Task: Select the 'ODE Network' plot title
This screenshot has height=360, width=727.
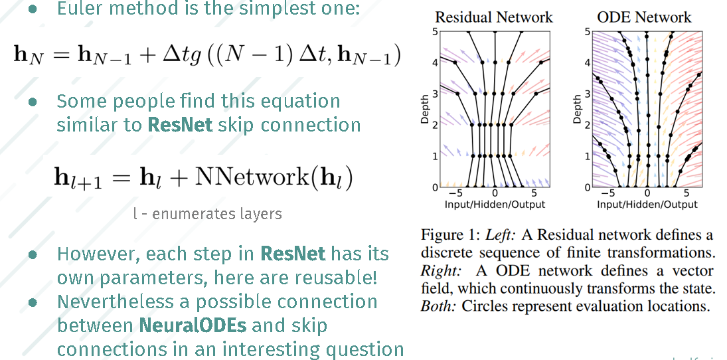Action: point(645,17)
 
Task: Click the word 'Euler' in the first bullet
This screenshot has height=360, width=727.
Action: point(78,9)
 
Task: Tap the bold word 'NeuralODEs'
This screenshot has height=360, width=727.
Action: point(183,325)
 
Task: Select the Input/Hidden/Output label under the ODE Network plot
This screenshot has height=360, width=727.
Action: point(647,205)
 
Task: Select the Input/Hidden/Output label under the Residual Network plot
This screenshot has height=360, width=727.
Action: point(495,205)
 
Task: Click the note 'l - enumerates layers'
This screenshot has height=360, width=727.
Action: point(207,214)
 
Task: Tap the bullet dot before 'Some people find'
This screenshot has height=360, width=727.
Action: point(32,102)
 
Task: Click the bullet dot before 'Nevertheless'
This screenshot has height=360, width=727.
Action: point(32,302)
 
